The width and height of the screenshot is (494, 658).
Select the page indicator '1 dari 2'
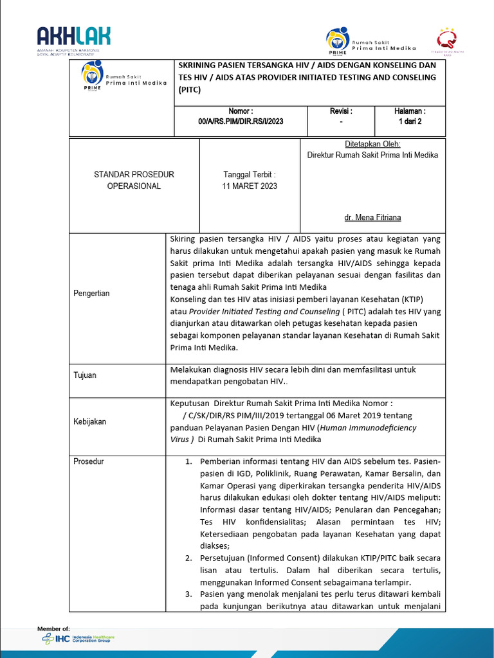pos(410,121)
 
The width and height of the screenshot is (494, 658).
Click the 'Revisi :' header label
pos(341,111)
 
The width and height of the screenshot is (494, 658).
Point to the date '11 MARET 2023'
pos(250,186)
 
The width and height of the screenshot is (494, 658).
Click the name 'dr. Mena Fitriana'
pos(373,217)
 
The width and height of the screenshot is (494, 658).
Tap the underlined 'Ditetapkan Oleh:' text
pos(373,145)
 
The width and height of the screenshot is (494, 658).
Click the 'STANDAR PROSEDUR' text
pos(134,175)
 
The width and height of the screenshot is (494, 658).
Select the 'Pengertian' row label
pos(91,294)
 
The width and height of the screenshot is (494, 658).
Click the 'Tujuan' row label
pos(85,375)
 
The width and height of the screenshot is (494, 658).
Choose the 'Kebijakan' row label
pos(89,422)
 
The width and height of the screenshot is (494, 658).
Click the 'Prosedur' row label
pos(89,461)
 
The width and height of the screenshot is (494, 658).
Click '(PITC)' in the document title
pos(190,89)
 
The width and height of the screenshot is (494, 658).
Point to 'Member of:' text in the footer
pos(54,628)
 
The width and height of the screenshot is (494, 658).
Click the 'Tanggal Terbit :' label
pos(250,175)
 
